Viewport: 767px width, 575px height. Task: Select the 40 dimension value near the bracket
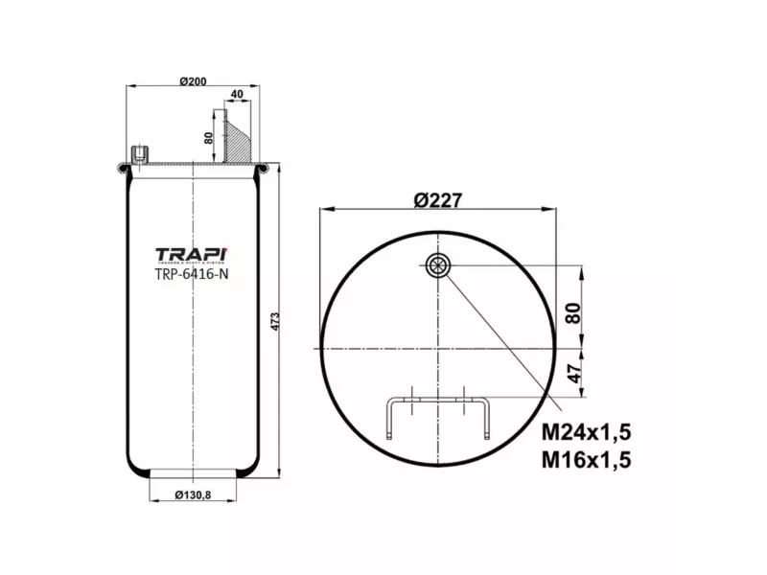pos(236,94)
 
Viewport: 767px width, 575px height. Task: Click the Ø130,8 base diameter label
pos(194,494)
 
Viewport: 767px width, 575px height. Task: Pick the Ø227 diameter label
pos(439,200)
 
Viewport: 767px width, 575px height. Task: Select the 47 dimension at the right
pos(574,374)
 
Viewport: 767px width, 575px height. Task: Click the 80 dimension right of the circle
pos(574,313)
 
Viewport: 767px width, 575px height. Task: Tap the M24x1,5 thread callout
pos(590,429)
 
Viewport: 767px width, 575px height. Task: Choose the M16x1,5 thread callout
pos(590,459)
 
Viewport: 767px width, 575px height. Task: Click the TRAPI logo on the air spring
pos(193,254)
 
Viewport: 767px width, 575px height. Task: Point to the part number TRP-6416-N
pos(192,273)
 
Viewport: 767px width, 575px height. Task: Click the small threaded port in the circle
pos(438,266)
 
